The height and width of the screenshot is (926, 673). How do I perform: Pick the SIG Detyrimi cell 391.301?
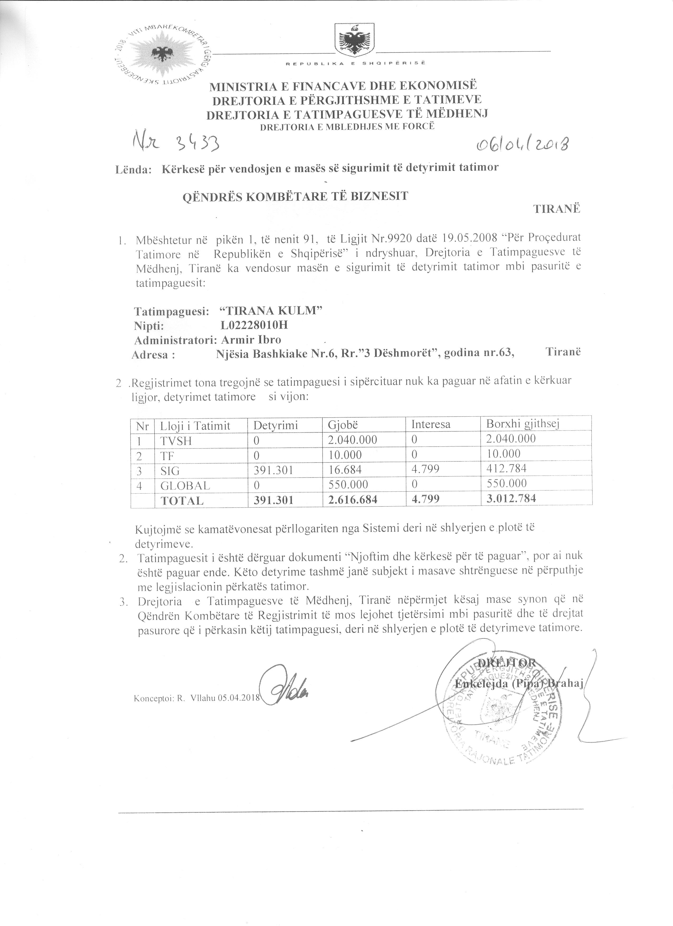tap(273, 470)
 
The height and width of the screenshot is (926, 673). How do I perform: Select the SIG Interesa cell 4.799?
tap(425, 469)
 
